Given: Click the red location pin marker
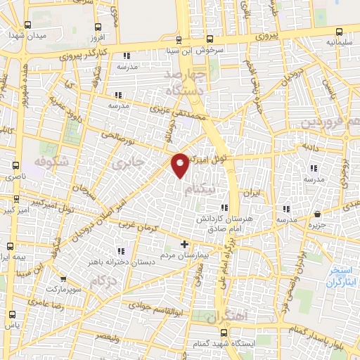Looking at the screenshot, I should [x=181, y=164].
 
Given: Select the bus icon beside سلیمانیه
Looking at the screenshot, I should [x=340, y=32].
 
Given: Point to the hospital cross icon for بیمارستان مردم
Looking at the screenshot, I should [x=184, y=245].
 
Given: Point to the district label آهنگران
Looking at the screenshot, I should [x=228, y=316].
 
